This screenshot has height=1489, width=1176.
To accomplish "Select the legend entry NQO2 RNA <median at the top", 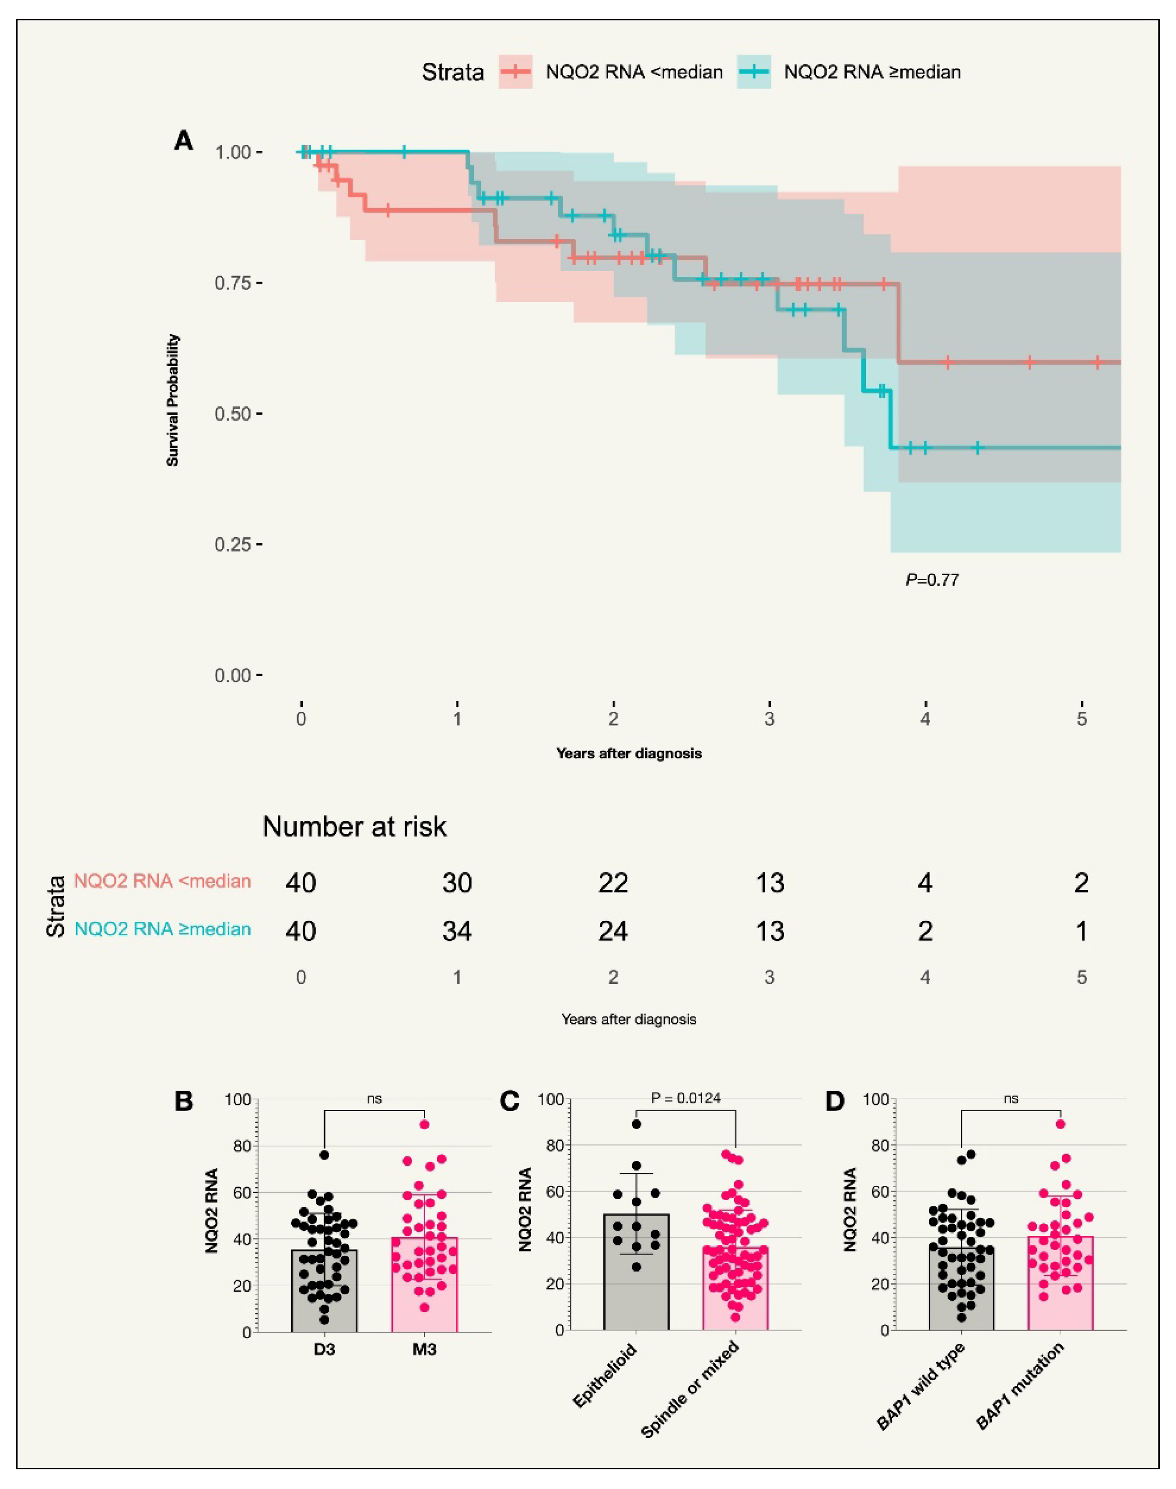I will (633, 72).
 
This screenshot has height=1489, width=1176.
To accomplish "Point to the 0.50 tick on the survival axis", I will (234, 414).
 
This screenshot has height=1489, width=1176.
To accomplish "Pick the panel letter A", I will (184, 141).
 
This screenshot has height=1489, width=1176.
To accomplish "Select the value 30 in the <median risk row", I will (457, 883).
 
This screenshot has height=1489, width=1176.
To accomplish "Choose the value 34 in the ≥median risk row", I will (457, 931).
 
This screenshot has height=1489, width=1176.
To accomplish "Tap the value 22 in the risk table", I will (613, 883).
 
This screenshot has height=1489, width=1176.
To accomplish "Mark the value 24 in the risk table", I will (613, 931).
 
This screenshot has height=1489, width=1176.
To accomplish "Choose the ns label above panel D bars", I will (1010, 1099).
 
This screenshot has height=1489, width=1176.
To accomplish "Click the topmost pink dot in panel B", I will (425, 1124).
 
